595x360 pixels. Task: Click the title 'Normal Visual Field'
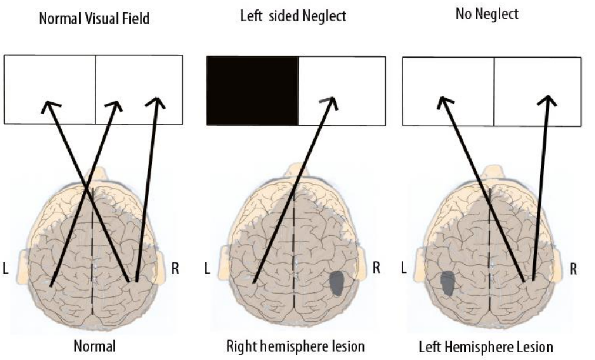[x=93, y=18]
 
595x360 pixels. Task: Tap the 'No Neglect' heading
[x=487, y=15]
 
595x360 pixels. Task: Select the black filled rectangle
[x=252, y=90]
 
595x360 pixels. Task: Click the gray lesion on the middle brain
[x=337, y=283]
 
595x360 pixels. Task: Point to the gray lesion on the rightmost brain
[x=447, y=283]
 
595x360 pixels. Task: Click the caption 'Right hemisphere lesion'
[x=295, y=346]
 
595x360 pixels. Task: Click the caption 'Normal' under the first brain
[x=93, y=346]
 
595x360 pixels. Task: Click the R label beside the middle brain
[x=376, y=269]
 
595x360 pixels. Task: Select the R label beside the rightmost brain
[x=573, y=269]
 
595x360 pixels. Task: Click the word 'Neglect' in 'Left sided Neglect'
[x=326, y=16]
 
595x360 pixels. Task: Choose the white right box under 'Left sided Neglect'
[x=342, y=90]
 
